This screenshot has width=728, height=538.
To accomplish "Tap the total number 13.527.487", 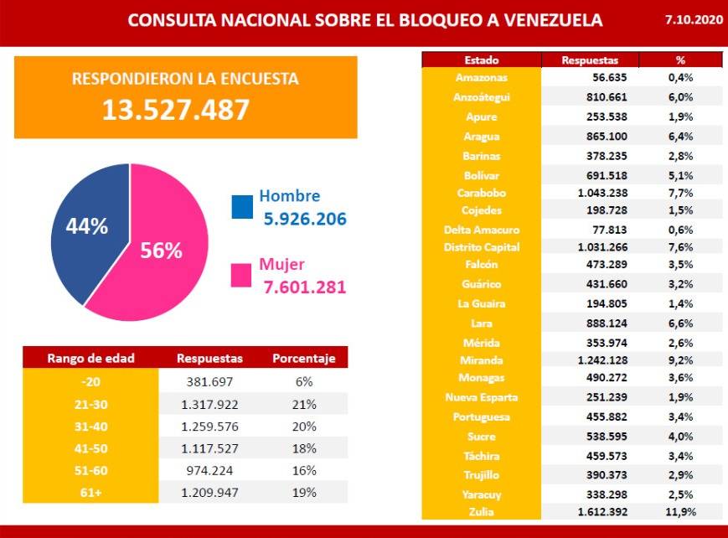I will click(x=176, y=109).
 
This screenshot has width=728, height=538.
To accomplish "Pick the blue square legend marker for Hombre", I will click(x=241, y=207).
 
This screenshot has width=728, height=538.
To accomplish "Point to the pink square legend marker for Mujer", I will click(x=241, y=276).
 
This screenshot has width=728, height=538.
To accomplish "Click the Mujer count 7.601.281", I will click(x=305, y=288).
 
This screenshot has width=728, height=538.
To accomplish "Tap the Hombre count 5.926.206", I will click(x=305, y=220).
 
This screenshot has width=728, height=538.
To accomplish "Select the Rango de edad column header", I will click(x=90, y=359).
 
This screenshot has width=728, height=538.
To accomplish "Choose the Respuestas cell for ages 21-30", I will click(x=209, y=403).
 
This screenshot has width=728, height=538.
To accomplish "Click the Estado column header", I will click(x=482, y=60).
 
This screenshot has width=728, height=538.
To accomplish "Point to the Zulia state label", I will click(x=482, y=511).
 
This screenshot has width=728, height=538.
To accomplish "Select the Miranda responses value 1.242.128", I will click(x=589, y=360).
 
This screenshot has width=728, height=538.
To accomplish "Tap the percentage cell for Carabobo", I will click(x=679, y=193).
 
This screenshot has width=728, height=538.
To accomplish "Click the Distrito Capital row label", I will click(x=482, y=247).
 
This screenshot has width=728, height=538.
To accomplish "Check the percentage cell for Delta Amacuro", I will click(x=679, y=230).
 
